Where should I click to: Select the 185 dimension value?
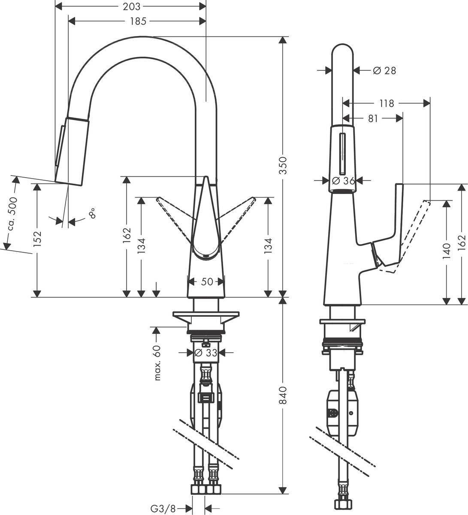(138, 21)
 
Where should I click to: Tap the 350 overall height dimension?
(282, 165)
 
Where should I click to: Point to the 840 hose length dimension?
(282, 395)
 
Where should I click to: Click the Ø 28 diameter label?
(384, 70)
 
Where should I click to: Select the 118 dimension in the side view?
(386, 103)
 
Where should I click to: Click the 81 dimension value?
(373, 118)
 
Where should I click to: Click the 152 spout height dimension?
(38, 239)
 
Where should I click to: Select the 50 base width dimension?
(207, 282)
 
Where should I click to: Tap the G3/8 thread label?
(163, 509)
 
